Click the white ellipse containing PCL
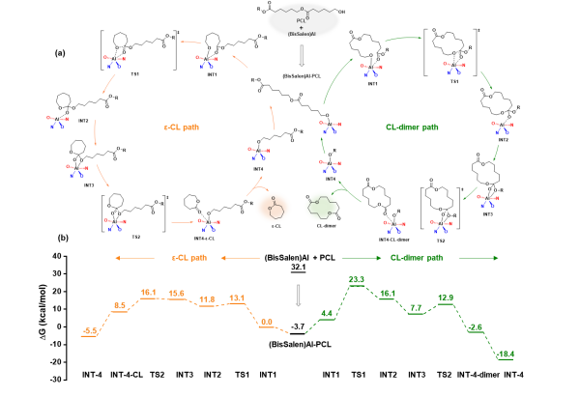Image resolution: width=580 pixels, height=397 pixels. (303, 20)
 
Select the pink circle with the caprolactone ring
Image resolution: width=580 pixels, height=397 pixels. (273, 207)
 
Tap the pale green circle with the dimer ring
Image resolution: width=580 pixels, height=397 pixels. (321, 206)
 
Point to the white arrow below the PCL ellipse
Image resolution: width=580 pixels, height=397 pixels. (302, 55)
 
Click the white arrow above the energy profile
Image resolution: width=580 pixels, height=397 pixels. (299, 295)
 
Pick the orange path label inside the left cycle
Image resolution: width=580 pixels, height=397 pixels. (181, 127)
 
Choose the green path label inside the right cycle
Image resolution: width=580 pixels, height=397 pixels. (412, 127)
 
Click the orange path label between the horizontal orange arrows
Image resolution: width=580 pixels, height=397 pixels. (188, 258)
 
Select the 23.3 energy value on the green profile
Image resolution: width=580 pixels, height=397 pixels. (356, 280)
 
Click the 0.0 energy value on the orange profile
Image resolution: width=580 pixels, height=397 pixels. (267, 322)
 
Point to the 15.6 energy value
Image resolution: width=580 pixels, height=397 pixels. (177, 293)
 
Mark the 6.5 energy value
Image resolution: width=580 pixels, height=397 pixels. (120, 305)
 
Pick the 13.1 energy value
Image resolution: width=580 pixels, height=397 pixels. (237, 298)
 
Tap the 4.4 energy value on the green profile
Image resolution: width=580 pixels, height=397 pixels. (327, 313)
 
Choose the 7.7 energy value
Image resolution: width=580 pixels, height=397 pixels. (416, 308)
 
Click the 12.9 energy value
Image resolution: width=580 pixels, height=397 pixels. (446, 298)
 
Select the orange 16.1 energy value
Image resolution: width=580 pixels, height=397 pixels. (148, 292)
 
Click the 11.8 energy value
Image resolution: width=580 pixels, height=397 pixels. (207, 299)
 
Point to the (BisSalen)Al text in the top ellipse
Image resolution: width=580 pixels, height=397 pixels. (303, 35)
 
